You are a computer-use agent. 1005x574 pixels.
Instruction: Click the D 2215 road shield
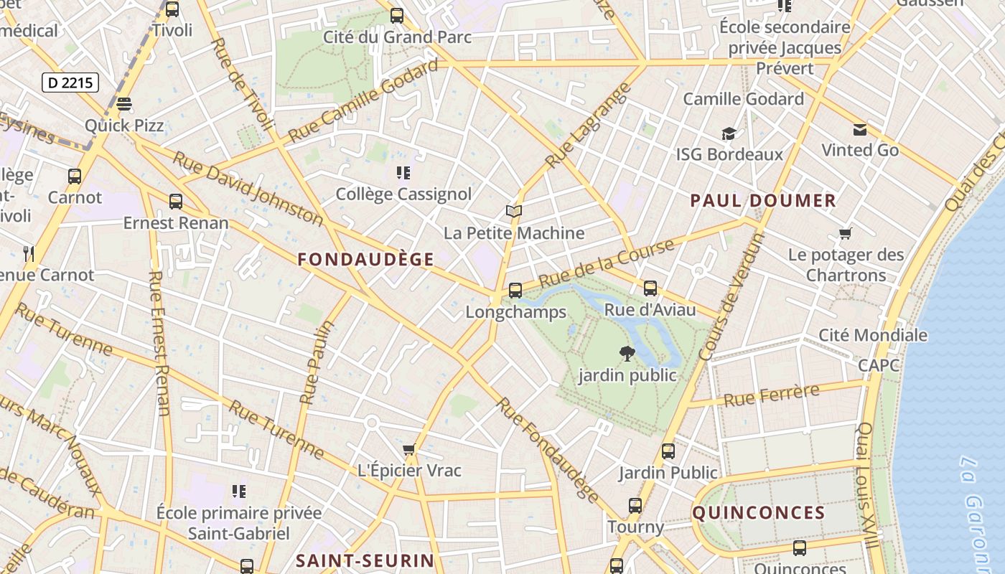tap(70, 83)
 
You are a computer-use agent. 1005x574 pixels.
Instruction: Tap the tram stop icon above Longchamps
tap(515, 291)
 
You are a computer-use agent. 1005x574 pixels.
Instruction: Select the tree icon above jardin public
tap(627, 353)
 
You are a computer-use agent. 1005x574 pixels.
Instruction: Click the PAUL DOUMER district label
tap(763, 201)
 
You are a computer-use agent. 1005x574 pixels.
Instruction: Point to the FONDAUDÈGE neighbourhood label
tap(366, 260)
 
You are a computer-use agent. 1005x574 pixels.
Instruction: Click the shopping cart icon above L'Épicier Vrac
tap(409, 450)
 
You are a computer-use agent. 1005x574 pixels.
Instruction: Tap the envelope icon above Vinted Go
tap(859, 130)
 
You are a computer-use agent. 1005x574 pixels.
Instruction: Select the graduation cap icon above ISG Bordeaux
tap(729, 134)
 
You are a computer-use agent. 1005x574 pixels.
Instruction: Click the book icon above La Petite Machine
tap(513, 211)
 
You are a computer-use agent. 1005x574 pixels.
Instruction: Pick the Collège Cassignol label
tap(403, 194)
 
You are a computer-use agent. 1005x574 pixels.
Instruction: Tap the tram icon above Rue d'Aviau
tap(650, 288)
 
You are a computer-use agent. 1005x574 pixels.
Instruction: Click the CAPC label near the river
tap(879, 365)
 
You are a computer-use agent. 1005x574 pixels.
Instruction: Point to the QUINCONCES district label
tap(759, 512)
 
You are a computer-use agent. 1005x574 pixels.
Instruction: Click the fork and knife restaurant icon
tap(29, 253)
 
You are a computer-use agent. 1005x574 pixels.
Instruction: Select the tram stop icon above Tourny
tap(635, 506)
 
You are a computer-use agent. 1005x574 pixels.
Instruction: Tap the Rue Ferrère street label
tap(772, 395)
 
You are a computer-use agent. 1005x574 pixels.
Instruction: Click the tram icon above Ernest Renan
tap(175, 202)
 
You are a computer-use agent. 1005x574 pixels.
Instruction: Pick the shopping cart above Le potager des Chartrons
tap(846, 234)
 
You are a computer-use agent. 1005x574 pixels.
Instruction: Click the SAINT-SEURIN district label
tap(365, 560)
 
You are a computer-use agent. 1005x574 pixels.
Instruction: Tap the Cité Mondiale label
tap(873, 335)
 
